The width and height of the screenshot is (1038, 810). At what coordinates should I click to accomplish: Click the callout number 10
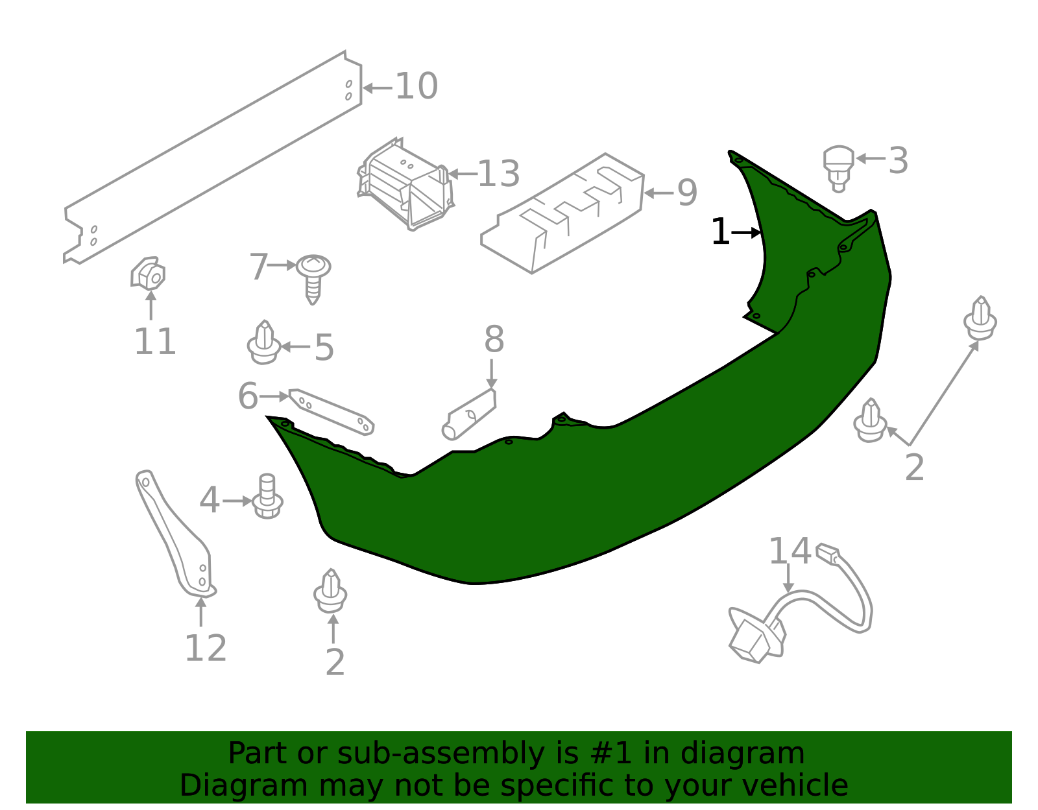416,86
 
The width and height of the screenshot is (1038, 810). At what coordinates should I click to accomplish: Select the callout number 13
498,174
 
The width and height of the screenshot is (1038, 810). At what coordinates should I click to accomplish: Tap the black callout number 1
720,232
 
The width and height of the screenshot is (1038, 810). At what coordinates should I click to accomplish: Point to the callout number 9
688,193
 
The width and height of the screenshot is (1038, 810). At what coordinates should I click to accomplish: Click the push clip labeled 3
838,168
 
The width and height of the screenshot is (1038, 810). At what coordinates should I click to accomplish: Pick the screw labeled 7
313,278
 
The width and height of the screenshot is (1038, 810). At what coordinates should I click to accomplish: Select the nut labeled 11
148,274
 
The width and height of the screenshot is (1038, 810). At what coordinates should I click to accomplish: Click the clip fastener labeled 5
264,342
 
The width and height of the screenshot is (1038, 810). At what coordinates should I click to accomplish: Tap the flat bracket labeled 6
332,412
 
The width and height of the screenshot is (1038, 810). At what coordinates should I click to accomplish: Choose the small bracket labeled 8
470,414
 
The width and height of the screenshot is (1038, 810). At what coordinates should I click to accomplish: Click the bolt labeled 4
267,496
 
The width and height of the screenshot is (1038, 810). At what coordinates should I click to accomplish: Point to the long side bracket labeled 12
175,534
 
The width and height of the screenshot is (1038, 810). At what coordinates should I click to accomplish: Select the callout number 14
790,551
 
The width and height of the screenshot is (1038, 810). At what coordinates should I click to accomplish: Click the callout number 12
206,648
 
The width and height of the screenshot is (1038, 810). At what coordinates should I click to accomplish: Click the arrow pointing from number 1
745,232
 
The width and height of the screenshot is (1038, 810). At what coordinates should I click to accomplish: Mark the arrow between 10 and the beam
378,88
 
